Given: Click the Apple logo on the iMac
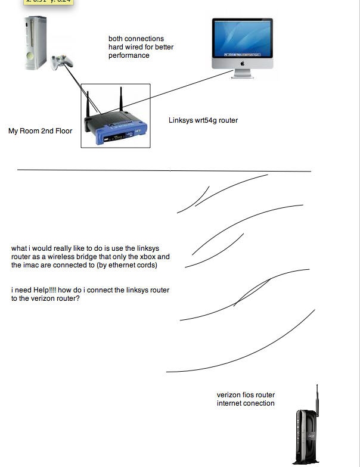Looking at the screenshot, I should tap(243, 62).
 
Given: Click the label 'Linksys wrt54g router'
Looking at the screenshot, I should tap(203, 120).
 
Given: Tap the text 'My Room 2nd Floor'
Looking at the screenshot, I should tap(40, 130).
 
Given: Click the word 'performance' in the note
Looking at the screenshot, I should tap(129, 55).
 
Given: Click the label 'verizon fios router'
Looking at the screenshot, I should tap(246, 395).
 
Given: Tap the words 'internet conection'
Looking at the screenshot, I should tap(246, 403).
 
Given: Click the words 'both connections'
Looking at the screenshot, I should tap(136, 39).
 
